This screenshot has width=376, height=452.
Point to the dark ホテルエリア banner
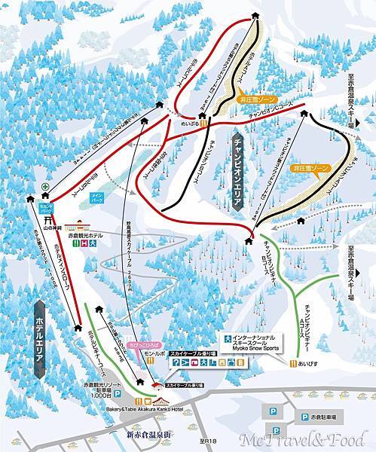pyautogui.click(x=40, y=338)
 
